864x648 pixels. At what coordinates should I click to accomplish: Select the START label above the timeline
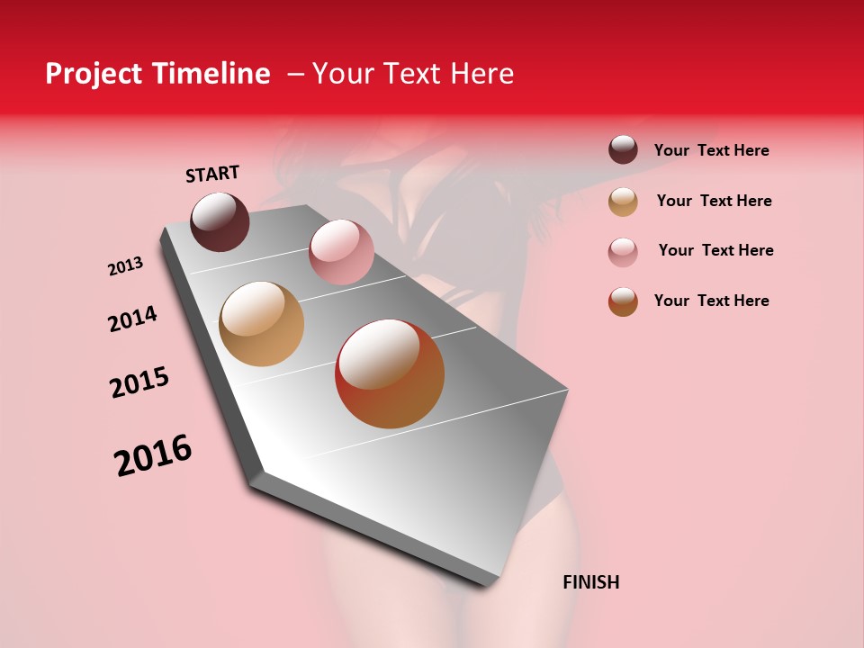pyautogui.click(x=212, y=174)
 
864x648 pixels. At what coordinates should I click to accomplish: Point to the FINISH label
pyautogui.click(x=590, y=582)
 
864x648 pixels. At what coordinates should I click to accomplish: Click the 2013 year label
pyautogui.click(x=125, y=266)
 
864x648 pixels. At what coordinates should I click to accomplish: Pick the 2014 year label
pyautogui.click(x=132, y=319)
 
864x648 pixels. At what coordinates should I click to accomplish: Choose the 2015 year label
pyautogui.click(x=139, y=382)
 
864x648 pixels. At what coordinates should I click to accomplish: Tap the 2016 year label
pyautogui.click(x=153, y=455)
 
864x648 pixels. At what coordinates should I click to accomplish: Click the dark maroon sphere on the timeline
pyautogui.click(x=220, y=221)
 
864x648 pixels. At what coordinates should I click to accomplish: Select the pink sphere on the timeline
pyautogui.click(x=341, y=252)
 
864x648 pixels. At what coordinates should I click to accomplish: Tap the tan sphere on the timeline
pyautogui.click(x=261, y=324)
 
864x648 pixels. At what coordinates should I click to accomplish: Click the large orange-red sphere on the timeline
pyautogui.click(x=390, y=373)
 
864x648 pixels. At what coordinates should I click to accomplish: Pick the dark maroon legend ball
pyautogui.click(x=623, y=149)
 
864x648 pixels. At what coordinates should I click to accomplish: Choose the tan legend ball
pyautogui.click(x=623, y=202)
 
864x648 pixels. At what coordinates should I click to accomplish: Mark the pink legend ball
pyautogui.click(x=623, y=251)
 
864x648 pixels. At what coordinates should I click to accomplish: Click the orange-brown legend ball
pyautogui.click(x=623, y=301)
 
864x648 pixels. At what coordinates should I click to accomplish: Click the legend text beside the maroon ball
pyautogui.click(x=711, y=151)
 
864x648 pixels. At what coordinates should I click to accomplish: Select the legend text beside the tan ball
pyautogui.click(x=714, y=201)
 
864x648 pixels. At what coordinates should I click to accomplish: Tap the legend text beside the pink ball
pyautogui.click(x=715, y=250)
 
